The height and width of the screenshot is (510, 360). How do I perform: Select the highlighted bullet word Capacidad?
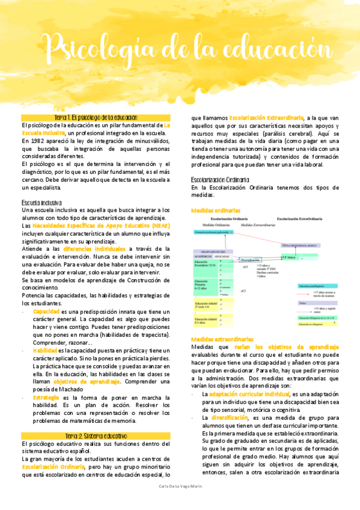[46, 312]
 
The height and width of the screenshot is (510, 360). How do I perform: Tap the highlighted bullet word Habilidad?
[45, 351]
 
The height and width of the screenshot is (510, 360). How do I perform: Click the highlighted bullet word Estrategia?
[46, 398]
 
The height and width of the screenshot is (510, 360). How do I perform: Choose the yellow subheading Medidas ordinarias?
[215, 210]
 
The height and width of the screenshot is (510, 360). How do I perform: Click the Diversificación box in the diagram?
[250, 260]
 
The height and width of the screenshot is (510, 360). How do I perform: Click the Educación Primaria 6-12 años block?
[203, 285]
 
